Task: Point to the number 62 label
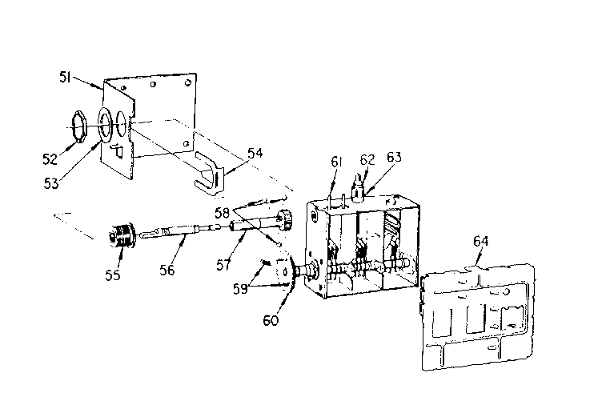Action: [x=367, y=158]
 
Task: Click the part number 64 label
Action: [x=480, y=240]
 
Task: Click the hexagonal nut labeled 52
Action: [x=75, y=126]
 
